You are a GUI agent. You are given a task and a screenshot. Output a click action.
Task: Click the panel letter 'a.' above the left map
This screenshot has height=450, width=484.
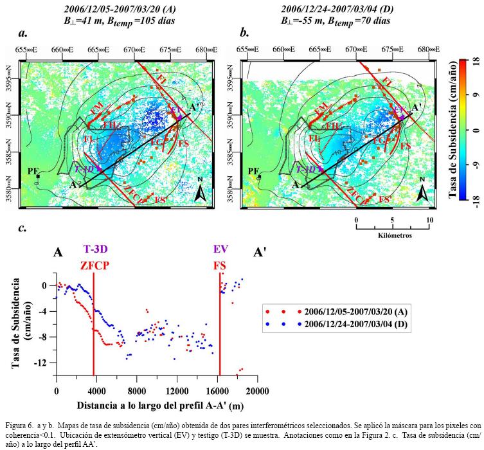[23, 33]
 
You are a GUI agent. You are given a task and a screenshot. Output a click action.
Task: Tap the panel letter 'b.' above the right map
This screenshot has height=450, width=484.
[244, 33]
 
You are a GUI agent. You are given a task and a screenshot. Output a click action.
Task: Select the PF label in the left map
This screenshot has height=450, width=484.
[32, 170]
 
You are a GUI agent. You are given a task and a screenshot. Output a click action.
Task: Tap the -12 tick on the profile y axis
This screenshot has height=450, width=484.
[44, 363]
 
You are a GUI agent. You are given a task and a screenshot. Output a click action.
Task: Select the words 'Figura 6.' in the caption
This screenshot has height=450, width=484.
[21, 425]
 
